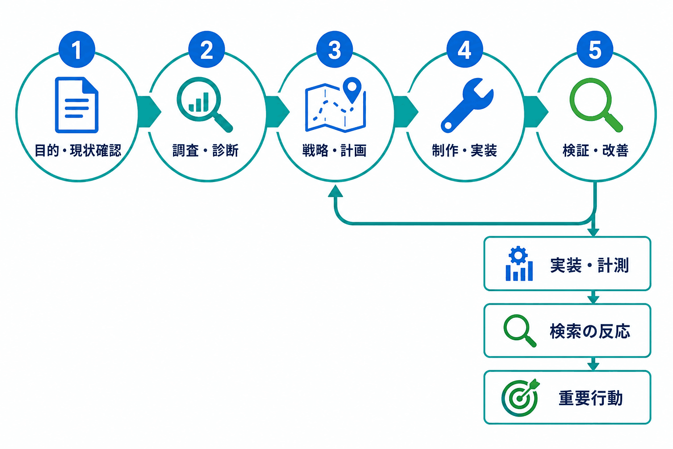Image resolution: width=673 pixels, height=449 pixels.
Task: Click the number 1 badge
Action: point(77,49)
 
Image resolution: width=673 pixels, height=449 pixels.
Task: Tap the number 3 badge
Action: point(334,49)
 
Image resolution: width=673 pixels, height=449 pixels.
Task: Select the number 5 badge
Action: point(595,49)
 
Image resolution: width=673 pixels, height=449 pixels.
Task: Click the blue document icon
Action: point(77,105)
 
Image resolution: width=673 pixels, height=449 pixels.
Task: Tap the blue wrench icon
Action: point(467,105)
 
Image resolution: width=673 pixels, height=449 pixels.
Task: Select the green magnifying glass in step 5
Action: point(596,105)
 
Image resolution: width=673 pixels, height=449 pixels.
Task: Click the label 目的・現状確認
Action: point(78,150)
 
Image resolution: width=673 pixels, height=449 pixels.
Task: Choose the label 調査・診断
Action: point(205,150)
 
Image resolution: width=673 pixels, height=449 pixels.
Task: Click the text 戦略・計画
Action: point(334,150)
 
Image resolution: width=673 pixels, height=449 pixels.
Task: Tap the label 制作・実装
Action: point(464,150)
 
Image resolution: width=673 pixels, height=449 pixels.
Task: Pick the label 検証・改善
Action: point(595,150)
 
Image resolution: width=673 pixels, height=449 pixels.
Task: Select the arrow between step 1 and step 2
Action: point(149,112)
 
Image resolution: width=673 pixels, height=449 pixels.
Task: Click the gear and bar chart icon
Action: point(519,264)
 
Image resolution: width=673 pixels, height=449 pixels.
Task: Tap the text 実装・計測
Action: point(589,265)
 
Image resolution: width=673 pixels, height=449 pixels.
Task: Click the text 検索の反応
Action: point(590,331)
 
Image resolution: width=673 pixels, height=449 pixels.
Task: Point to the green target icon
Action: point(521,397)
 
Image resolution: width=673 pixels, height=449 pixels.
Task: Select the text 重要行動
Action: point(590,398)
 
